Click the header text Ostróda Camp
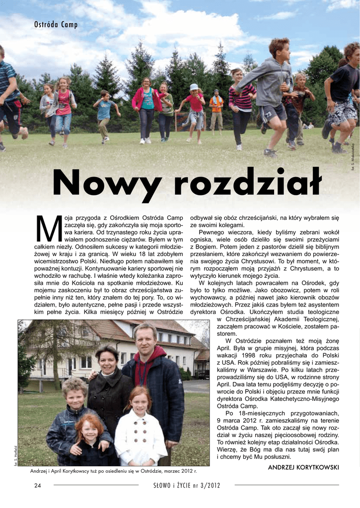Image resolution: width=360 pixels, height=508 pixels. point(56,25)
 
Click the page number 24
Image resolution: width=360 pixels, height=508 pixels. point(37,485)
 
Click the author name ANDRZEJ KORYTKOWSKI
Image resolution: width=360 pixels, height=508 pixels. point(303,467)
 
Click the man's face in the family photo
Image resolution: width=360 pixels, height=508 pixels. point(145,339)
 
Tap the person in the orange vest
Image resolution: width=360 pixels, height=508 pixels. point(216,110)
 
